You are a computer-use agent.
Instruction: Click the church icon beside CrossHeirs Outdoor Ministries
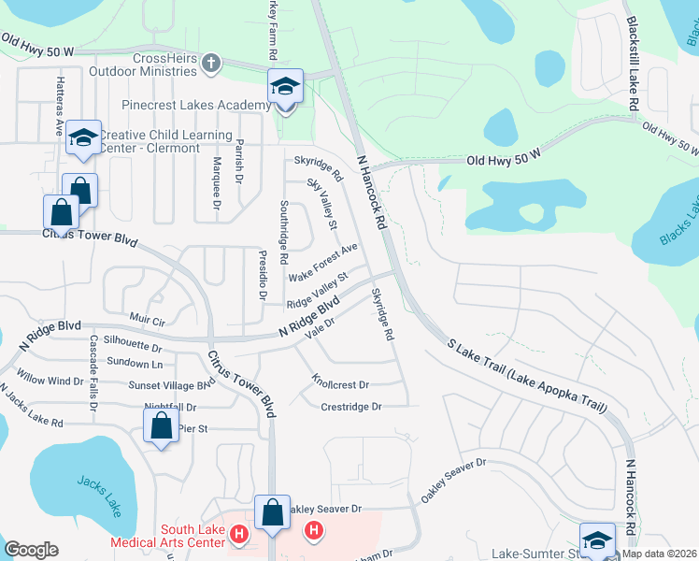[x=211, y=65]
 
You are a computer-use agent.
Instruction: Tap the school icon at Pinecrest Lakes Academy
[x=285, y=87]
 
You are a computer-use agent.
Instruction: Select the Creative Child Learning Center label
[x=166, y=142]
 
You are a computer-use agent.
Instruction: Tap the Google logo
[x=31, y=550]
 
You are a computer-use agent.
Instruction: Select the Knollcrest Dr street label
[x=340, y=384]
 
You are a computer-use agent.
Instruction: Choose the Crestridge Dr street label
[x=351, y=407]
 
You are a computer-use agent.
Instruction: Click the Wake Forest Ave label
[x=323, y=263]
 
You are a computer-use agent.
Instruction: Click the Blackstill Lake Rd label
[x=632, y=64]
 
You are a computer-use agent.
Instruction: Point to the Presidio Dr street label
[x=264, y=275]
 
